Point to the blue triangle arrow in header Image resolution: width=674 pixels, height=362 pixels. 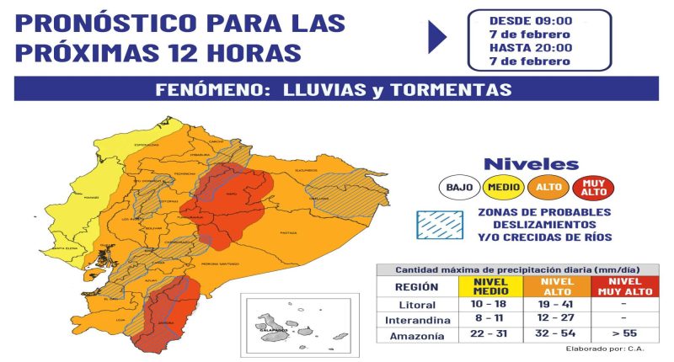click(437, 37)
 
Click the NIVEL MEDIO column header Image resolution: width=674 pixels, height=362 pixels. click(489, 286)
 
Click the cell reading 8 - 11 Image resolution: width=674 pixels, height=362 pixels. click(489, 321)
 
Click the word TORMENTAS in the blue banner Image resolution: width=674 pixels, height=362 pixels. click(455, 89)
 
